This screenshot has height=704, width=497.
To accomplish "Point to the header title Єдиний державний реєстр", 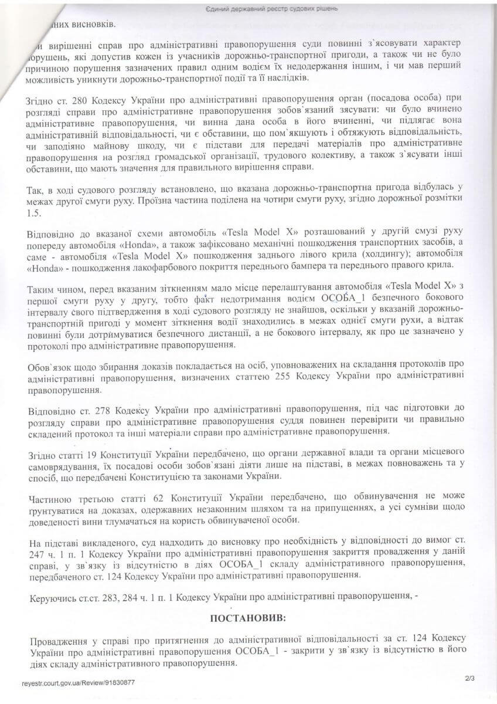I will tap(247, 9).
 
